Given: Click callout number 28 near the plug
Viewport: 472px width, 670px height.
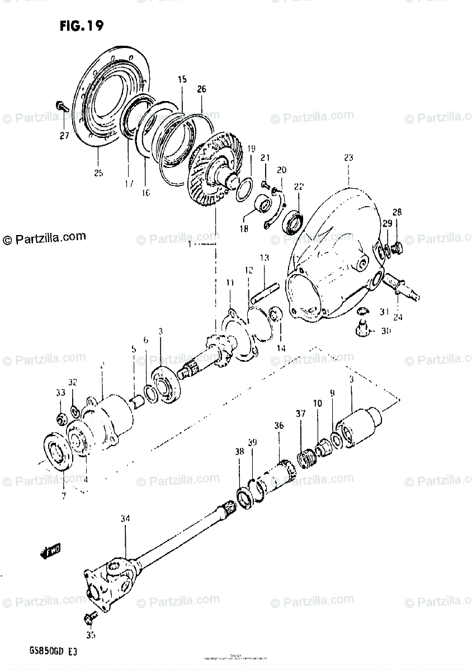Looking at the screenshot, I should point(397,212).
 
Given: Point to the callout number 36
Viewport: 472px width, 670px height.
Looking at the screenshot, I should point(279,426).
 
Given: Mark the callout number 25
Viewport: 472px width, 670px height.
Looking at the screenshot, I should point(98,173).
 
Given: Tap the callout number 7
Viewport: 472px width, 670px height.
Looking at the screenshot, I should point(63,495).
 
